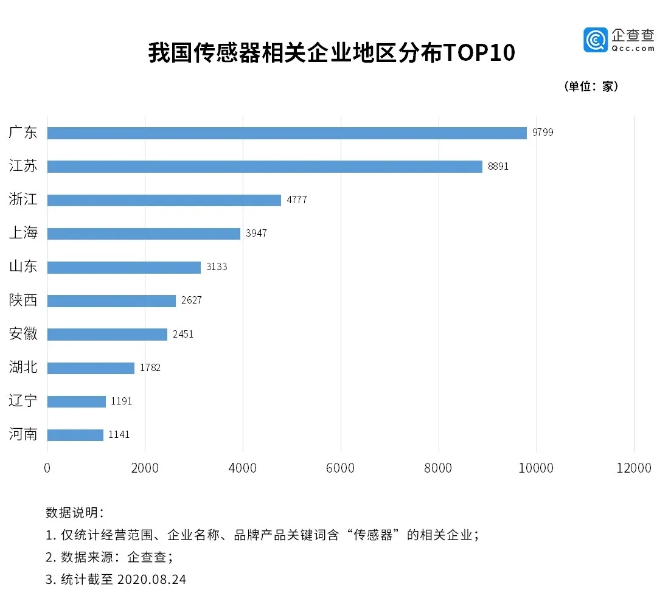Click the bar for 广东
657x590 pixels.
tap(287, 133)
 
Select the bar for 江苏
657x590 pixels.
tap(265, 167)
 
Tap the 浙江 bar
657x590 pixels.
tap(164, 200)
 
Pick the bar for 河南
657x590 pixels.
tap(75, 435)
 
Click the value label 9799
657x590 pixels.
tap(543, 133)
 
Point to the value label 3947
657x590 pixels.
tap(256, 233)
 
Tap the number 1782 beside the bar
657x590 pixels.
tap(150, 367)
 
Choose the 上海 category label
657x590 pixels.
tap(23, 233)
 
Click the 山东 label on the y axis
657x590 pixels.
tap(23, 266)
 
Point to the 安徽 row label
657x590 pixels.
tap(23, 333)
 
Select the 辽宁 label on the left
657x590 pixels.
tap(23, 401)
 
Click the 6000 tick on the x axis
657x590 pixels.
tap(341, 468)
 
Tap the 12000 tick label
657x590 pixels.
tap(634, 468)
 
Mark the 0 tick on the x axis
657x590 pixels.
tap(47, 468)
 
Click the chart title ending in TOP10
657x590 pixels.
tap(332, 53)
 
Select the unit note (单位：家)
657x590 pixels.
tap(591, 86)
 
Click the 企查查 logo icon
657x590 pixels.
tap(596, 40)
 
